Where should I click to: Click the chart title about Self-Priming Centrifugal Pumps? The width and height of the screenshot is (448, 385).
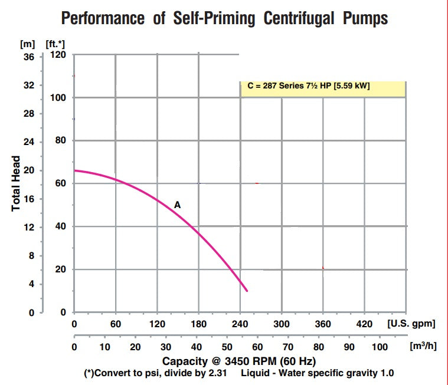(225, 18)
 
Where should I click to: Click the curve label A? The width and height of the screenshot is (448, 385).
(177, 205)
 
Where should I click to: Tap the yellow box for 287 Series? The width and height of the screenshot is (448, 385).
(323, 86)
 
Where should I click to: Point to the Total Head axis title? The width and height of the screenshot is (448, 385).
(17, 183)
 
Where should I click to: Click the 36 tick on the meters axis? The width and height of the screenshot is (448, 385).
(28, 57)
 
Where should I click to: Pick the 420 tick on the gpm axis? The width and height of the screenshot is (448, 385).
(364, 324)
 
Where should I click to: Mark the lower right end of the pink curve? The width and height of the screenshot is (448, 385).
(247, 291)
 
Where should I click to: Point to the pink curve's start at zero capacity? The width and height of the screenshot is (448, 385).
(74, 170)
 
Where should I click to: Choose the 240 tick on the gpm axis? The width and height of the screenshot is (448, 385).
(240, 324)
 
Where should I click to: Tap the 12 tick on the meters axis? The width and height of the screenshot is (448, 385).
(28, 228)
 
